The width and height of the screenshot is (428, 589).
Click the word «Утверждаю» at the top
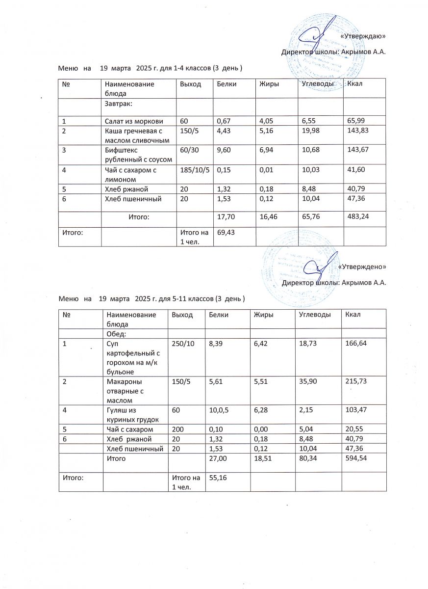point(362,36)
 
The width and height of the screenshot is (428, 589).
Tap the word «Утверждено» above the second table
point(362,267)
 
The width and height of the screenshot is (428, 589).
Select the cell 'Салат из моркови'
point(133,121)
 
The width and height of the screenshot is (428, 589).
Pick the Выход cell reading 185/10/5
point(194,169)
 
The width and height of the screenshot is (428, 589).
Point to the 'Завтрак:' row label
point(119,104)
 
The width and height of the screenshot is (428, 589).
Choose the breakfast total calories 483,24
point(358,215)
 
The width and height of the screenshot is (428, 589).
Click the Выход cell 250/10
point(182,344)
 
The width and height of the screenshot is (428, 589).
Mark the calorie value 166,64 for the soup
point(356,344)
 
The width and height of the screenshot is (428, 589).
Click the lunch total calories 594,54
point(356,458)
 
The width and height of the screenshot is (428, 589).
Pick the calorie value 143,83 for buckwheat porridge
point(358,130)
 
